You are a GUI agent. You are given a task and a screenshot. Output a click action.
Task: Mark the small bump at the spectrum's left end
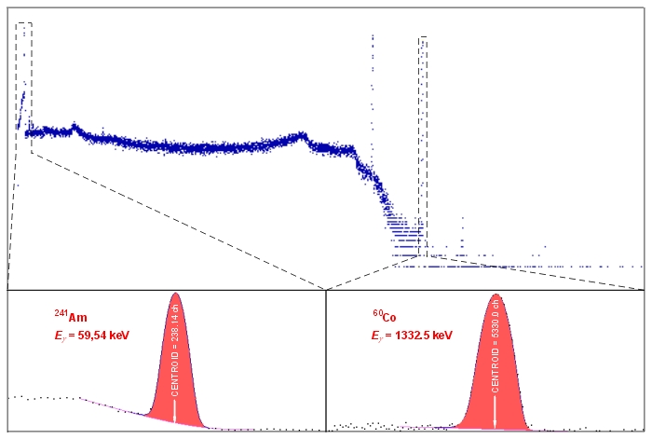pyautogui.click(x=75, y=125)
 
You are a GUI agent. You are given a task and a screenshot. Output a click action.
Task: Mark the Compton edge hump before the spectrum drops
pyautogui.click(x=300, y=135)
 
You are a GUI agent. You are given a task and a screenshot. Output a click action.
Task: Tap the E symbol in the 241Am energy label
pyautogui.click(x=56, y=336)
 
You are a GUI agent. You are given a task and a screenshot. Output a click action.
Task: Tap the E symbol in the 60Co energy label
pyautogui.click(x=374, y=336)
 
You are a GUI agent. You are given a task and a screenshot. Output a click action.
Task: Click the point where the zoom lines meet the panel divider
pyautogui.click(x=326, y=290)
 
